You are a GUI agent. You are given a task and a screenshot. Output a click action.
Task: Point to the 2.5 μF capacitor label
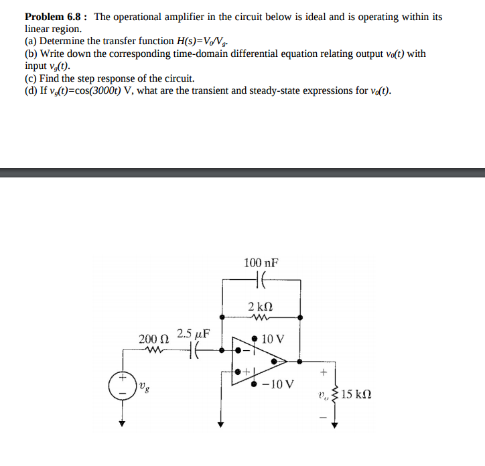(194, 333)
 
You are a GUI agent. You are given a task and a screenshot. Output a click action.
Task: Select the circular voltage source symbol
(123, 386)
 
